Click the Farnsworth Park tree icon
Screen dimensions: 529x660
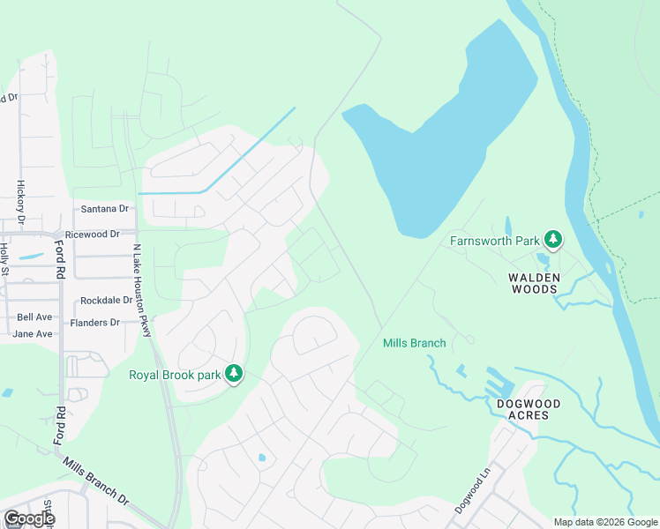click(553, 239)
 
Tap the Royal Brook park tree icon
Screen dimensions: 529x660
click(234, 374)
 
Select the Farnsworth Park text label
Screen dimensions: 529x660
click(495, 240)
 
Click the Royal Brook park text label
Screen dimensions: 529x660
click(174, 374)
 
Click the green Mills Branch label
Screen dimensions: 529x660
click(414, 343)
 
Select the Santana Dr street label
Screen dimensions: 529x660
click(104, 209)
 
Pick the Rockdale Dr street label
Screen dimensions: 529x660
click(106, 301)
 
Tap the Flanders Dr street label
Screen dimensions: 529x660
click(95, 323)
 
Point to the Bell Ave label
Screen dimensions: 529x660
click(35, 317)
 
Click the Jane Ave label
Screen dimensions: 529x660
click(33, 334)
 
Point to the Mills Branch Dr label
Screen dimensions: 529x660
click(95, 480)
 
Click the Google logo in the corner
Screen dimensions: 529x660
click(28, 518)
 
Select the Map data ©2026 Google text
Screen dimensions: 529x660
click(604, 522)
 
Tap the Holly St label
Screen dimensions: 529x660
click(4, 258)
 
